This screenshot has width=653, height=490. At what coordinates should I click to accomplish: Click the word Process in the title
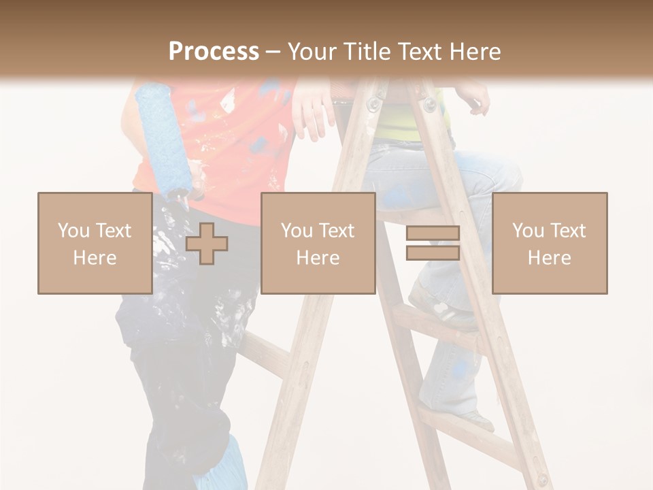click(214, 51)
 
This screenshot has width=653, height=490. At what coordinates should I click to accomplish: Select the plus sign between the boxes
click(207, 244)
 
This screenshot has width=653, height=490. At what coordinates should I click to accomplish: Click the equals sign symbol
click(433, 243)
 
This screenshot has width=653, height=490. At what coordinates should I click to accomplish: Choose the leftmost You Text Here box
click(95, 243)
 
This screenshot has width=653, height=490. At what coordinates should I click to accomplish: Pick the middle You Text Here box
click(318, 243)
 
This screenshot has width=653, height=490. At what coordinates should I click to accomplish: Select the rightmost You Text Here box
click(549, 243)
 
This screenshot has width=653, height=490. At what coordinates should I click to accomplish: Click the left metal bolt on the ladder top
click(373, 104)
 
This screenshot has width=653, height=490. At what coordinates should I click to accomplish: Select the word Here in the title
click(474, 52)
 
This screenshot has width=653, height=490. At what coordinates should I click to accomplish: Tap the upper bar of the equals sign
click(433, 233)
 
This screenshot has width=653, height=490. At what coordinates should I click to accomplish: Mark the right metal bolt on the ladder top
click(429, 104)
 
